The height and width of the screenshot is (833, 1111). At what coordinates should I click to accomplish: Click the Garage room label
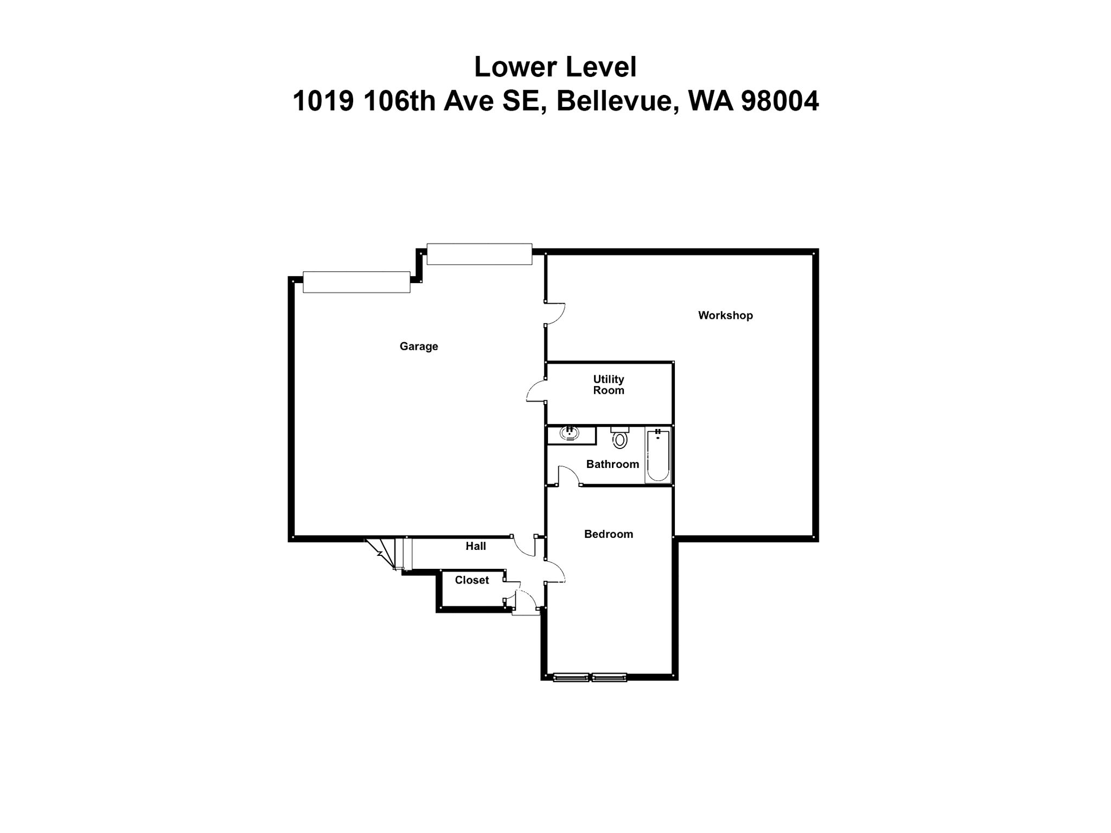[418, 346]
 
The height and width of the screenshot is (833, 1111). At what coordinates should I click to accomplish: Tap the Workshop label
[725, 315]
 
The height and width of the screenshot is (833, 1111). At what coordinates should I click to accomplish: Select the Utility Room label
[608, 385]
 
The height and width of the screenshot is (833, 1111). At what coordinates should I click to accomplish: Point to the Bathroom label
[612, 464]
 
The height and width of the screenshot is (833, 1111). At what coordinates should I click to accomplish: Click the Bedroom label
[608, 534]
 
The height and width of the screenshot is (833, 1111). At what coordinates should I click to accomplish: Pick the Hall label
[475, 546]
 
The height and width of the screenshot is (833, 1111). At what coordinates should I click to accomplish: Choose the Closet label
[471, 580]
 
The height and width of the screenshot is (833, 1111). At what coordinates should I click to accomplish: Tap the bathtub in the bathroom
[657, 455]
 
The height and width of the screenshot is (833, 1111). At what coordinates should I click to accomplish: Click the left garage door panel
[356, 282]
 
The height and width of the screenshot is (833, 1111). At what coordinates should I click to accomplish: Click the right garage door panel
[479, 254]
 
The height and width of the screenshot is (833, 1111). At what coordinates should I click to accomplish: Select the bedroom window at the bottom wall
[590, 677]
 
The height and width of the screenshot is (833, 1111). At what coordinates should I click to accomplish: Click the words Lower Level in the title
[555, 67]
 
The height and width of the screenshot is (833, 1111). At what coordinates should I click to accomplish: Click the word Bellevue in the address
[617, 101]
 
